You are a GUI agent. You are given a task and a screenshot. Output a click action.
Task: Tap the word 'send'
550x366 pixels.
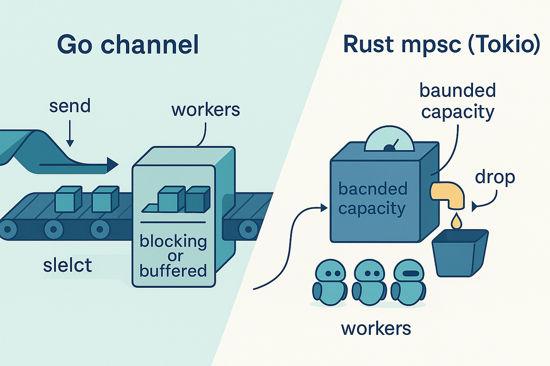point(70,106)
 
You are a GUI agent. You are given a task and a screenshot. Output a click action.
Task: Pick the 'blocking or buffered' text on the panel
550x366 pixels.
point(173,255)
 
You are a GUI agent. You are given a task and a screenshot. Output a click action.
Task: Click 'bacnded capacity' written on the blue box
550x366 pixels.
point(372,199)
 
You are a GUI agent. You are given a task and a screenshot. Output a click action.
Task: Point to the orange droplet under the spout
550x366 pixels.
point(456,222)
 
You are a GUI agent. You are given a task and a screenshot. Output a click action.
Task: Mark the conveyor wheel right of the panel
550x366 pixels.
point(248,226)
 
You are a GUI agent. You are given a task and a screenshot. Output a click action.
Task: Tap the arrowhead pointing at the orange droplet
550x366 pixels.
point(474,207)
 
